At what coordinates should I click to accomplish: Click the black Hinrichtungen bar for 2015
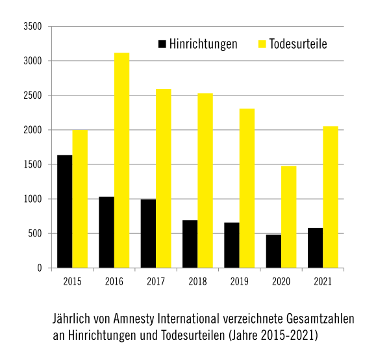pyautogui.click(x=65, y=211)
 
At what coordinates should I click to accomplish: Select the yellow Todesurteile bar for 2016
pyautogui.click(x=122, y=161)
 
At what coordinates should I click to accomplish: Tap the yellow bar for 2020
pyautogui.click(x=289, y=217)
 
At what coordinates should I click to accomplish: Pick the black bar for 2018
pyautogui.click(x=190, y=244)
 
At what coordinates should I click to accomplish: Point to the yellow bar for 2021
pyautogui.click(x=331, y=197)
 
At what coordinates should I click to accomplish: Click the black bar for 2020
pyautogui.click(x=273, y=251)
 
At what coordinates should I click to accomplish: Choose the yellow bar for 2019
pyautogui.click(x=247, y=188)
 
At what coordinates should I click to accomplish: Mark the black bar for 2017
pyautogui.click(x=148, y=233)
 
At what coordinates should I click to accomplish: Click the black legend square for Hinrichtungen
pyautogui.click(x=162, y=44)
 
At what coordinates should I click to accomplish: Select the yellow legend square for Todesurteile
pyautogui.click(x=262, y=44)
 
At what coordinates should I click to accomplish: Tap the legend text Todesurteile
pyautogui.click(x=298, y=44)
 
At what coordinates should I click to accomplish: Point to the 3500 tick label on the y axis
pyautogui.click(x=32, y=27)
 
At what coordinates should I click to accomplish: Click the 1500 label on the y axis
pyautogui.click(x=32, y=164)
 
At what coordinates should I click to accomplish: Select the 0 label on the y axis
pyautogui.click(x=40, y=268)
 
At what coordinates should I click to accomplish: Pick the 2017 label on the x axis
pyautogui.click(x=156, y=281)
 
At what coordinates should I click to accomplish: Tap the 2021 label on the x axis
pyautogui.click(x=323, y=281)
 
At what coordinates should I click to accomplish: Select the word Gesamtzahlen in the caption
pyautogui.click(x=320, y=319)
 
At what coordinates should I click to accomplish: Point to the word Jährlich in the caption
pyautogui.click(x=71, y=319)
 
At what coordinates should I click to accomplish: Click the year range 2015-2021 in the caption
pyautogui.click(x=288, y=335)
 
